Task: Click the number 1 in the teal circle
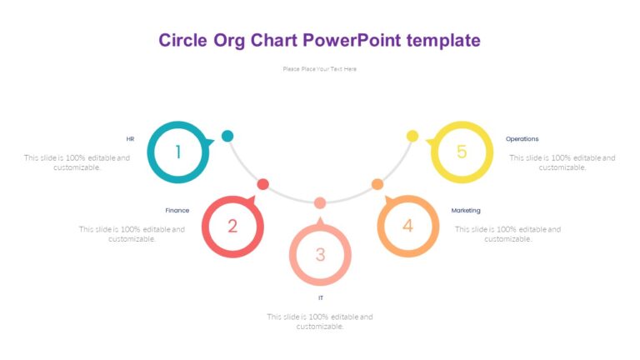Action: [x=177, y=152]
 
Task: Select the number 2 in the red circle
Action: [x=232, y=226]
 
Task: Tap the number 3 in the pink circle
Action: [x=320, y=255]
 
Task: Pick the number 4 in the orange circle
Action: [x=407, y=226]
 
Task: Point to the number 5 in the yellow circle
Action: [x=462, y=152]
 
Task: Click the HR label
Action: [x=130, y=139]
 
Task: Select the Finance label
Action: [x=177, y=211]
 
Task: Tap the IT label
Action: [x=320, y=297]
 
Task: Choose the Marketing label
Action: [x=466, y=211]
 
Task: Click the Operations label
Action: [x=522, y=139]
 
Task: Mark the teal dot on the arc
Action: [x=227, y=136]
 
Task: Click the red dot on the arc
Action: [x=262, y=183]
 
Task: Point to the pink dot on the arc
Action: [x=320, y=202]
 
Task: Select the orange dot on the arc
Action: [x=377, y=183]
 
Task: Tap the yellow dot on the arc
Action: [x=412, y=136]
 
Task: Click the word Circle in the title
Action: [x=184, y=40]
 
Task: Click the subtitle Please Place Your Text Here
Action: [x=320, y=69]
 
